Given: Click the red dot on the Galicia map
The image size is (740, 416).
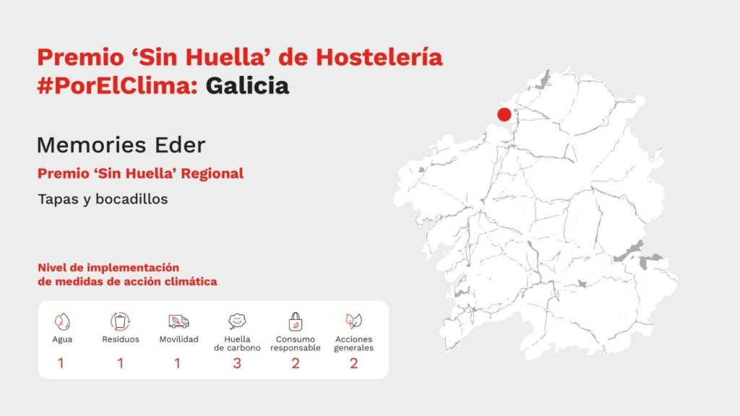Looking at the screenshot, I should coord(504,114).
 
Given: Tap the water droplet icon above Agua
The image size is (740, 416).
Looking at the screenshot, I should coord(62,321).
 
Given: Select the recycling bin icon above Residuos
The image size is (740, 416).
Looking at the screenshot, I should coord(120,321).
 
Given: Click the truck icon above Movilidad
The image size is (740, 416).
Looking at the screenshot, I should coord(178,321).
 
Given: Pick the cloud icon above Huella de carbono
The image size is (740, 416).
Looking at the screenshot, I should coord(237,321).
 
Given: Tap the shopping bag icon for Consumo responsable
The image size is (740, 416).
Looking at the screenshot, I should coord(295,321).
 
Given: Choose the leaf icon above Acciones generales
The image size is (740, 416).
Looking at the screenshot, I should coord(353,321).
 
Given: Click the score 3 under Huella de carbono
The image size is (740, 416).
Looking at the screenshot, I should coord(237,363).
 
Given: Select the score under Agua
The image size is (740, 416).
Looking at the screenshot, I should coord(61,363).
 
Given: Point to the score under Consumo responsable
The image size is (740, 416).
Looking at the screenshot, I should coord(295,363).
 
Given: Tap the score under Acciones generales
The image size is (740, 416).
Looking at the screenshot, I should coord(353,363).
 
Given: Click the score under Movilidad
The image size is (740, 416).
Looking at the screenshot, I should coord(178,363).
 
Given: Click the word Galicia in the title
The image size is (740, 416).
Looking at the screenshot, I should coord(247,86).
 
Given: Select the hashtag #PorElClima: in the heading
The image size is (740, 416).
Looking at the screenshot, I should coord(119,86).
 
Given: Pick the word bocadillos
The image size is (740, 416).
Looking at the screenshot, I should coord(134,199).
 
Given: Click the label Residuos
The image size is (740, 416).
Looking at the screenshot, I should coord(120,339).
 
